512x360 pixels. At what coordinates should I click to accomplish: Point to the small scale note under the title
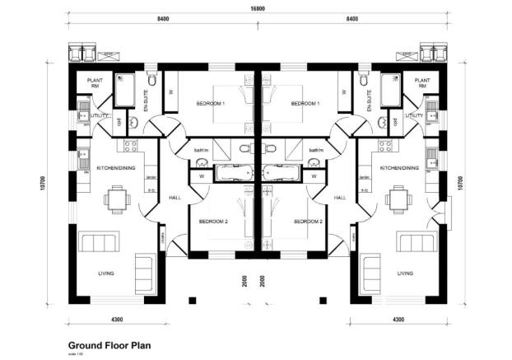tap(74, 354)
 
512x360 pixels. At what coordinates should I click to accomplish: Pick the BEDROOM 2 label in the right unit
tap(308, 222)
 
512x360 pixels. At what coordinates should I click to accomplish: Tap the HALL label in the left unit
tap(175, 198)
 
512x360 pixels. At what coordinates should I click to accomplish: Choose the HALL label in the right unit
tap(341, 198)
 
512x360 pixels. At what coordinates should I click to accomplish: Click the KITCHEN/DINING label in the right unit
tap(400, 167)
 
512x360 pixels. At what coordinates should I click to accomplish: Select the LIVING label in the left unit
tap(105, 274)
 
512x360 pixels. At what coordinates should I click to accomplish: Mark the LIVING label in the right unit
tap(404, 274)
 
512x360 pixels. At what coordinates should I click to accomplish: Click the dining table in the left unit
tap(116, 199)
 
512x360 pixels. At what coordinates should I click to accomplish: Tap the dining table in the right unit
tap(398, 199)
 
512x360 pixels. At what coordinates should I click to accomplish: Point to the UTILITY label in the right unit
tap(414, 116)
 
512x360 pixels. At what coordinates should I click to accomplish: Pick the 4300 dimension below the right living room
tap(398, 319)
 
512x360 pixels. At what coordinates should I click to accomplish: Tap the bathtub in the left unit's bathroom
tap(235, 174)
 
